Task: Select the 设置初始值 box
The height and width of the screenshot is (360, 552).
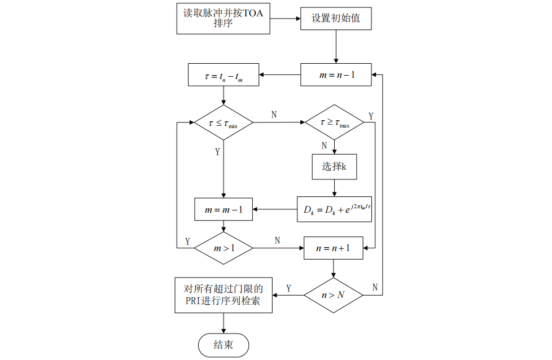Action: click(336, 19)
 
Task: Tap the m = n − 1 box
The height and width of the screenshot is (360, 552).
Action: click(336, 74)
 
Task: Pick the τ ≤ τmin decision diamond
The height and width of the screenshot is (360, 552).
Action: click(224, 122)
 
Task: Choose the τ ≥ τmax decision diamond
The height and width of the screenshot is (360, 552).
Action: click(334, 122)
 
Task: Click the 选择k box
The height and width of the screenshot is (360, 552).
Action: click(334, 166)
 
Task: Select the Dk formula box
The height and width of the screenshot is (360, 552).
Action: click(334, 209)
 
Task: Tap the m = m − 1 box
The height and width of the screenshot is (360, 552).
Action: click(224, 209)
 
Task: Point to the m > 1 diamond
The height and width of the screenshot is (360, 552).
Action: click(224, 247)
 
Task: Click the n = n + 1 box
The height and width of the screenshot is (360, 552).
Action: click(333, 247)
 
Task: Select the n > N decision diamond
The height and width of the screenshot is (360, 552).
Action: click(333, 295)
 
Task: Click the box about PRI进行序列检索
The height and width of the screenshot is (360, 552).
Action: click(224, 295)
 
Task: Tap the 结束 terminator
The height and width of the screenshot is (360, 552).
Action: click(224, 345)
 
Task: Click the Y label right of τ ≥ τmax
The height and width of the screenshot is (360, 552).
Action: click(371, 116)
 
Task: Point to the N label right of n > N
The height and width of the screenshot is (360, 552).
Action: click(375, 287)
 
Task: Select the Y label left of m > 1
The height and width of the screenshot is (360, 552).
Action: click(187, 241)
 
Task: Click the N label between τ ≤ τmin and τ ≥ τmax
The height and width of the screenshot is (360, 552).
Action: click(274, 115)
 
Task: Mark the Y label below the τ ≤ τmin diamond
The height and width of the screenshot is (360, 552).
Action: click(217, 152)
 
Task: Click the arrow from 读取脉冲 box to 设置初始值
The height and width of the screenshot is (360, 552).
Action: click(286, 19)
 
